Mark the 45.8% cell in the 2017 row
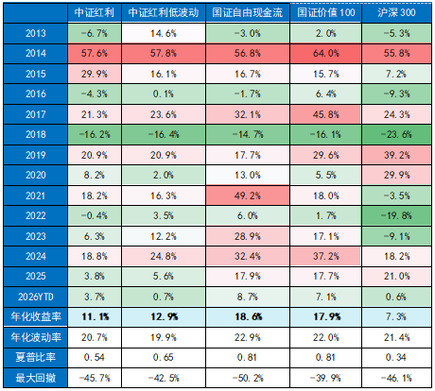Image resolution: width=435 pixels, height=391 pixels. coord(323,114)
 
